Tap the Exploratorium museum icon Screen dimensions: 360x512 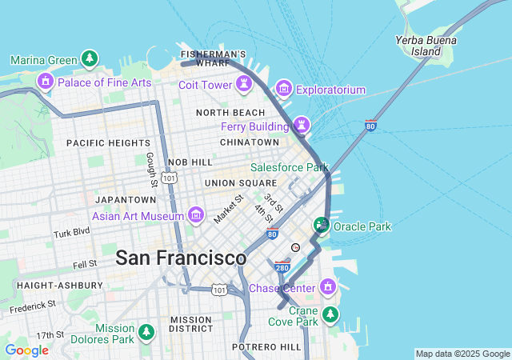tap(283, 88)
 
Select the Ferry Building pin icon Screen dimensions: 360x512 tap(301, 125)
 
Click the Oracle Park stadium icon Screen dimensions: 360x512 tap(322, 226)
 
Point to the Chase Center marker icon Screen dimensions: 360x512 tap(327, 286)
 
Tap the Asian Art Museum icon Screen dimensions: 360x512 tap(195, 214)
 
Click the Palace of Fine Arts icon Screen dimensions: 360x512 tap(45, 81)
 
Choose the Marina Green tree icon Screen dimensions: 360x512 tap(90, 59)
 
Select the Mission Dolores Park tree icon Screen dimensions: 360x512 tap(146, 331)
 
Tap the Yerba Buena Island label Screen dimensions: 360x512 tap(426, 46)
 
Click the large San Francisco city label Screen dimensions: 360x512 tap(181, 258)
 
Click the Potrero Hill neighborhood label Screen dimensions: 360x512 tap(266, 347)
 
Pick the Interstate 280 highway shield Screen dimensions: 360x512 tap(282, 266)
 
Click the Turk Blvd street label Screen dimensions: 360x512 tap(72, 234)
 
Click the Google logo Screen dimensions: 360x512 tap(26, 350)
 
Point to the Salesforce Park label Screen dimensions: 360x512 tap(289, 168)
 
